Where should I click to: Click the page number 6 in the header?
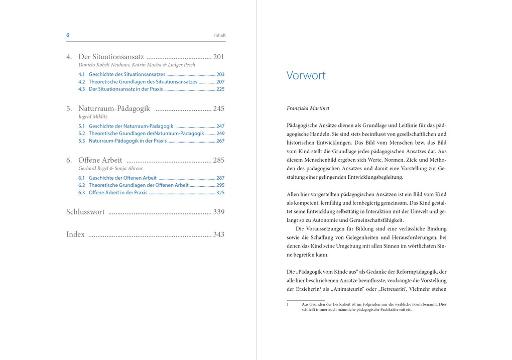[x=68, y=35]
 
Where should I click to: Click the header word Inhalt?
[x=220, y=36]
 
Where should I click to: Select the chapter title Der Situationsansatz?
[x=111, y=57]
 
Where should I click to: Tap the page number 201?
[x=218, y=57]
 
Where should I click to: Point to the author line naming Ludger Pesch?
[x=137, y=65]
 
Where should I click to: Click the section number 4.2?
[x=82, y=81]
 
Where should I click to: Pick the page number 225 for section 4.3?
[x=220, y=89]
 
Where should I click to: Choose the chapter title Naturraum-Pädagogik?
[x=114, y=108]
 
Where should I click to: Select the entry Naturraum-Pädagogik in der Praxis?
[x=127, y=141]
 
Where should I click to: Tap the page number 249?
[x=220, y=134]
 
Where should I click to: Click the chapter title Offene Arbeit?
[x=100, y=160]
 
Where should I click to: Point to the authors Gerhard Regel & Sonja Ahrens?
[x=110, y=168]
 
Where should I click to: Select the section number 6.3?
[x=82, y=192]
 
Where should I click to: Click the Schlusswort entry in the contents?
[x=85, y=212]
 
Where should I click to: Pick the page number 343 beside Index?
[x=218, y=234]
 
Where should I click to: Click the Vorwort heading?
[x=306, y=75]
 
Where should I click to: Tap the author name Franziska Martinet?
[x=308, y=108]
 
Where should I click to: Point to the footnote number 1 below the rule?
[x=288, y=304]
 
